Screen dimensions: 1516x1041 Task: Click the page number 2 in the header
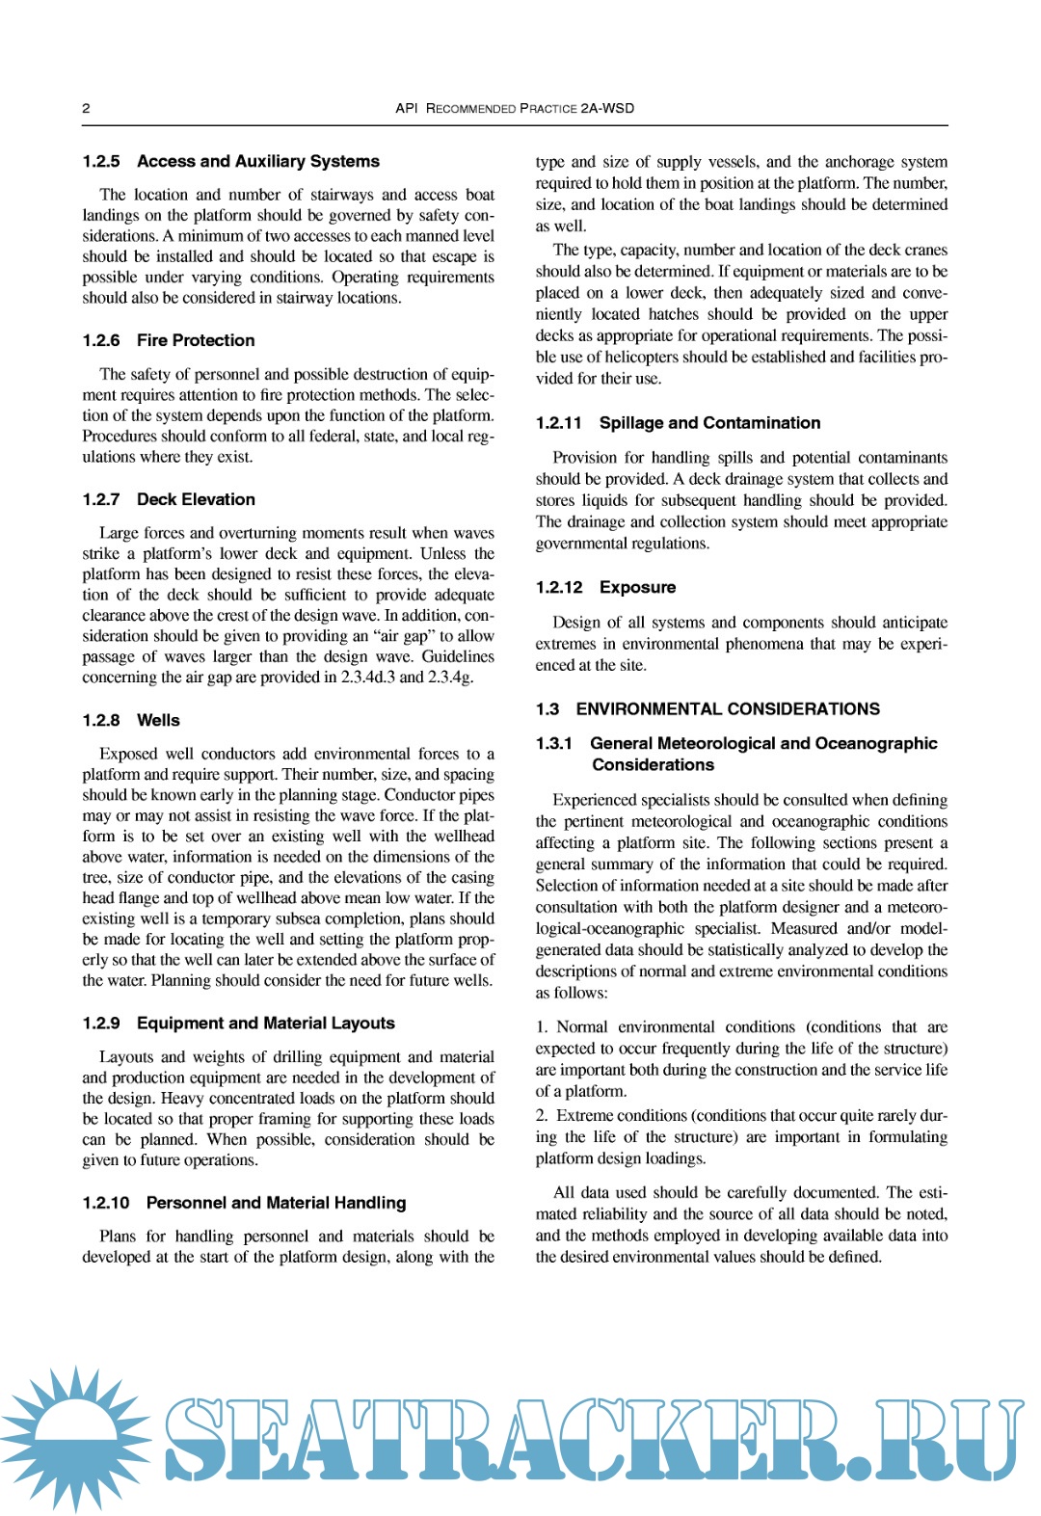point(86,108)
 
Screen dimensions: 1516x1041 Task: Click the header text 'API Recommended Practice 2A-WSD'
point(515,108)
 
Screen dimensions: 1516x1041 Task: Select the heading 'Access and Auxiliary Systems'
point(257,162)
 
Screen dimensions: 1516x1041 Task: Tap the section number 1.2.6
point(101,340)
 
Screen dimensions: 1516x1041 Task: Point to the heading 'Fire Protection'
point(196,340)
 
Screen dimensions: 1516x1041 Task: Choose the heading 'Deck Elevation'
point(196,499)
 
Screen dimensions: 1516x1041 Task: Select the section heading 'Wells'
point(158,720)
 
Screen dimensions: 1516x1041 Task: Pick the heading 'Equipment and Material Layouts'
point(265,1023)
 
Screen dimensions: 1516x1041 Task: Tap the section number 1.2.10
point(106,1203)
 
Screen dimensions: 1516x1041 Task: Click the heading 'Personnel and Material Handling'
point(276,1203)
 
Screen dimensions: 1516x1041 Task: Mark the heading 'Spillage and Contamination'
point(709,423)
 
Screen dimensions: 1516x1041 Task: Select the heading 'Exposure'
point(637,587)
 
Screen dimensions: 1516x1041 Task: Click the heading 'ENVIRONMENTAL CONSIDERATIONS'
point(728,709)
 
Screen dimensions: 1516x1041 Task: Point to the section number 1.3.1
point(554,743)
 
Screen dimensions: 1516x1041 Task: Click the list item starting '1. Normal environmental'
point(741,1058)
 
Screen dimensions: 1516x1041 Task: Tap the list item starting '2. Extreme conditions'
point(741,1136)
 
